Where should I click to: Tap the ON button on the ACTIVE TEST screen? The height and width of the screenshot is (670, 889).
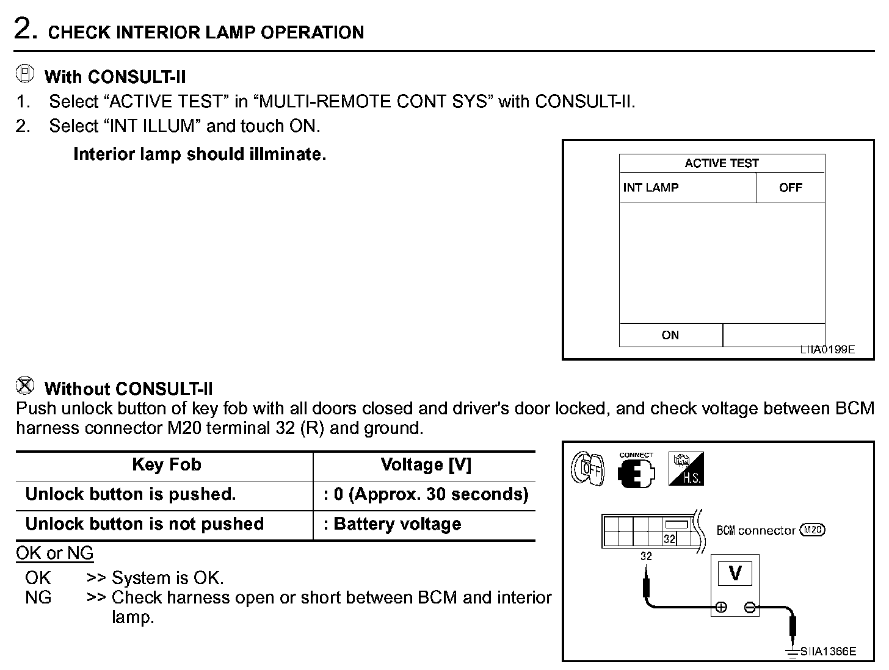click(670, 335)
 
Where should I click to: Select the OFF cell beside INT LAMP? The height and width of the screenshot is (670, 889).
click(790, 187)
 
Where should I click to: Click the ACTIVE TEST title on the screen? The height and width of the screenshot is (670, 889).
click(722, 163)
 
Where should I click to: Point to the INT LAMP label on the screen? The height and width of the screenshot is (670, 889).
click(651, 187)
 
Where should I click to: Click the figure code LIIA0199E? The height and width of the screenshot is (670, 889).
click(828, 350)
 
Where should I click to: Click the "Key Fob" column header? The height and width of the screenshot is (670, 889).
click(166, 465)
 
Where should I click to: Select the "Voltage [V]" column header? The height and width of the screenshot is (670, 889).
click(426, 465)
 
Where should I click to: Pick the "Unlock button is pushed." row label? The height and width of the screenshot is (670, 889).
click(131, 494)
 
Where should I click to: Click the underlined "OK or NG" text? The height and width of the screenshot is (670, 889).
click(55, 553)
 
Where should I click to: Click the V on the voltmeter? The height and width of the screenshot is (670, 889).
click(735, 573)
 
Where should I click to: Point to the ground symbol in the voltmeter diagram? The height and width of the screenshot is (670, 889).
click(793, 652)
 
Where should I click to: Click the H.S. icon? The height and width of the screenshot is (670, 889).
click(686, 469)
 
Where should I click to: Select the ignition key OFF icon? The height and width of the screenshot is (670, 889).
click(587, 469)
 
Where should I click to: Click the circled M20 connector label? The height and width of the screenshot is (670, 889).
click(812, 530)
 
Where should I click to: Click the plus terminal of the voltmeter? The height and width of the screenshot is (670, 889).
click(721, 607)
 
